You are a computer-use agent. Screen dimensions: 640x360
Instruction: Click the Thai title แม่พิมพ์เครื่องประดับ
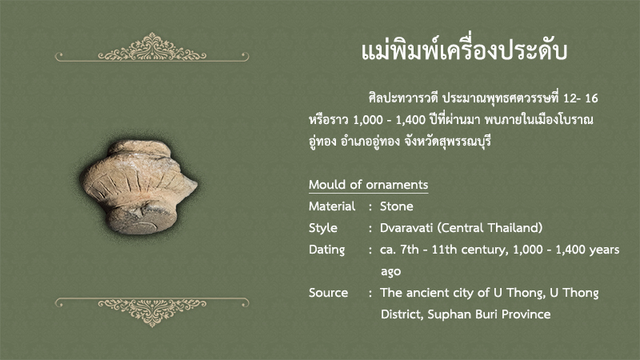coord(464,51)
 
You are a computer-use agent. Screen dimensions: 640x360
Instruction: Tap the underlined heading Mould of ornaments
coord(368,185)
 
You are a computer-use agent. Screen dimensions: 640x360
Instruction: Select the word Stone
coord(396,206)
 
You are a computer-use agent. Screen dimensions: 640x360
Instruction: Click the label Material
coord(332,206)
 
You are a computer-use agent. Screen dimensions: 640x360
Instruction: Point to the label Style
coord(323,228)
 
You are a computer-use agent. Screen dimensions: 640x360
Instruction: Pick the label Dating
coord(326,250)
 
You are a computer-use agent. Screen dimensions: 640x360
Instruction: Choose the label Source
coord(328,293)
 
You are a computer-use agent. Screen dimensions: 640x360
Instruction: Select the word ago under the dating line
coord(390,272)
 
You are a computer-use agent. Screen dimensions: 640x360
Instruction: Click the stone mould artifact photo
coord(139,186)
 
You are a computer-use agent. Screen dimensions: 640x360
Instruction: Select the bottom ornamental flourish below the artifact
coord(152,312)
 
